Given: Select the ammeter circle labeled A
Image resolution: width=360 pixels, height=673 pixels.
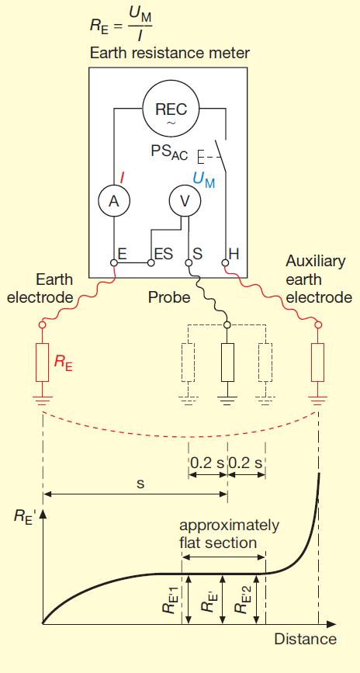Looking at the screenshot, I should pos(114,200).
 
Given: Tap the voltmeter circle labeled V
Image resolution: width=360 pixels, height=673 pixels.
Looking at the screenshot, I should pos(185,200).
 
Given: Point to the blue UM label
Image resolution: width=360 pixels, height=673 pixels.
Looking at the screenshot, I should pos(204,179).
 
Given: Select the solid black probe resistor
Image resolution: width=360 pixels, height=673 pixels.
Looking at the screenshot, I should pos(227,363).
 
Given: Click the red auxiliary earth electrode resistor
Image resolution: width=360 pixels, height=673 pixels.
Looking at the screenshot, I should pos(317,363).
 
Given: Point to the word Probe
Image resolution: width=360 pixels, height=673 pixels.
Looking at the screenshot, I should pos(169,297).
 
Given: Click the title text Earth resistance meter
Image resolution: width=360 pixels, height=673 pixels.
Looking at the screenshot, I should pos(170,54).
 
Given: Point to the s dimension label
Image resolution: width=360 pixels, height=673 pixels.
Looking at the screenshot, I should pos(140,482).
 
